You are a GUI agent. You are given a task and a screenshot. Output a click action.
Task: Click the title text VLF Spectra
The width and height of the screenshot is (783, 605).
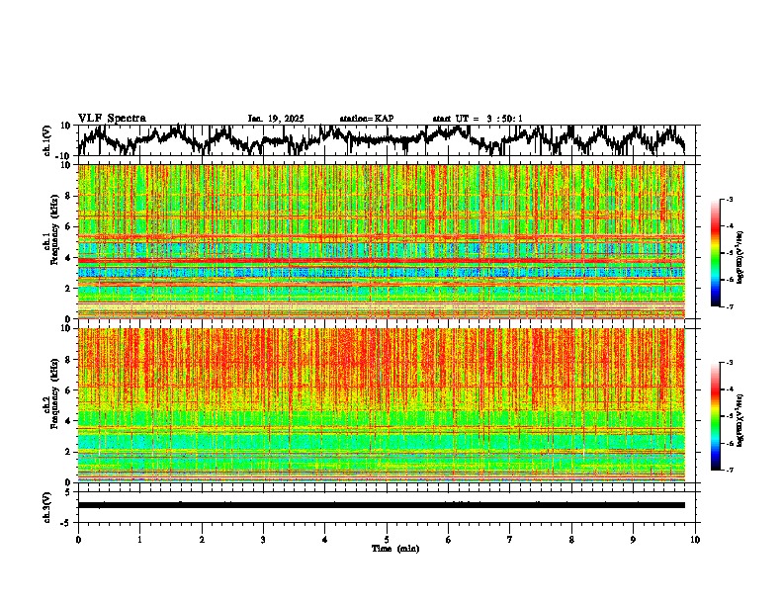(x=112, y=119)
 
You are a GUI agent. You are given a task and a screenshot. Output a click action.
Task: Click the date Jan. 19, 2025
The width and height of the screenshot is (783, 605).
(x=276, y=119)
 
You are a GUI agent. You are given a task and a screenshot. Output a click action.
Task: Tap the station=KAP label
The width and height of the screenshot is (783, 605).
(x=366, y=119)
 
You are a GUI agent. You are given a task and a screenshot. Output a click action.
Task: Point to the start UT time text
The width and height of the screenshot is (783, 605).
(x=478, y=119)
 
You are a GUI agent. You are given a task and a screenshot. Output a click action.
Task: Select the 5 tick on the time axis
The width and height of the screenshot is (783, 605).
(x=387, y=540)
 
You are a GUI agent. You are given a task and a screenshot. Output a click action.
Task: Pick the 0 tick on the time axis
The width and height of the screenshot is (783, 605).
(x=78, y=540)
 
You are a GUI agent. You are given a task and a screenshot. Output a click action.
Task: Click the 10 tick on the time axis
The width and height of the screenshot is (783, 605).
(x=695, y=540)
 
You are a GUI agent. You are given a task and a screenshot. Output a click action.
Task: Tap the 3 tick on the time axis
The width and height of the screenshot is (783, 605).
(x=263, y=540)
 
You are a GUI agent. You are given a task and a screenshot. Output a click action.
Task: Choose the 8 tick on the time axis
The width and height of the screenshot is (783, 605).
(x=571, y=540)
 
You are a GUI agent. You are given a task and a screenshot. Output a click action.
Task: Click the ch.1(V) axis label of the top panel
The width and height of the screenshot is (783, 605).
(x=46, y=140)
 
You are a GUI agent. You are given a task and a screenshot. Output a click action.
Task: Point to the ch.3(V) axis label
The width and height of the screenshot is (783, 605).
(x=46, y=505)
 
